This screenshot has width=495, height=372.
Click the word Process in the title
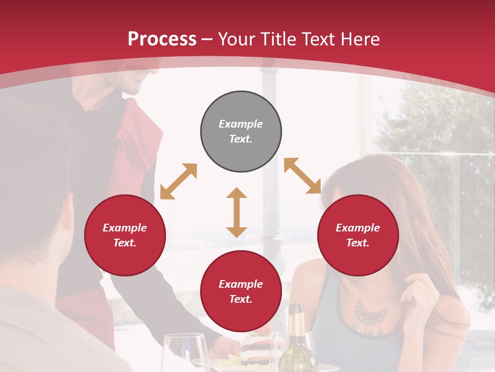click(162, 39)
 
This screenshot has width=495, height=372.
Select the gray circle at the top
click(241, 132)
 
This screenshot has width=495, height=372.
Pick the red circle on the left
click(125, 236)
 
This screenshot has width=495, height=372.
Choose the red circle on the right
click(358, 236)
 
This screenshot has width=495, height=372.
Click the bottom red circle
click(241, 291)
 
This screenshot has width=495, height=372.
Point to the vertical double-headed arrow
click(237, 212)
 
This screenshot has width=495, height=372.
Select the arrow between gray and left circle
click(178, 181)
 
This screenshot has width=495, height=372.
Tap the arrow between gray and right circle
click(303, 176)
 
